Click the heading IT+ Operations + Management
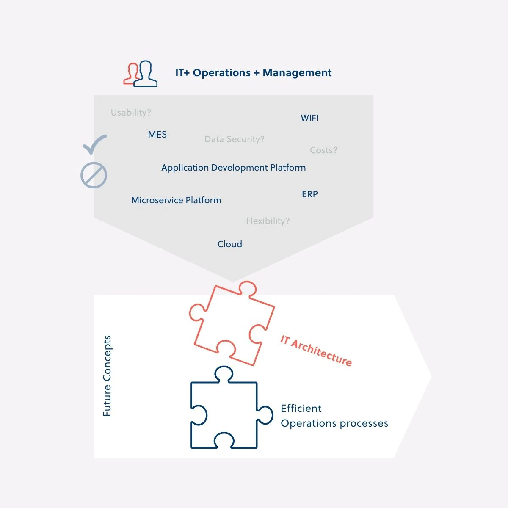tap(253, 73)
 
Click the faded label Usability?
tap(131, 113)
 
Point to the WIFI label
tap(309, 118)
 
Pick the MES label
tap(157, 135)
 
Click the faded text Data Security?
tap(235, 139)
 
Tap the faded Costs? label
tap(323, 150)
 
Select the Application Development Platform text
tap(234, 168)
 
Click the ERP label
tap(310, 194)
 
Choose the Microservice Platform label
tap(176, 200)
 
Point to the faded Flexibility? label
tap(268, 221)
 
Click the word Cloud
tap(229, 244)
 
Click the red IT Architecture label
tap(316, 351)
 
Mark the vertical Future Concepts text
tap(107, 376)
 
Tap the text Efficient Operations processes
tap(334, 416)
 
